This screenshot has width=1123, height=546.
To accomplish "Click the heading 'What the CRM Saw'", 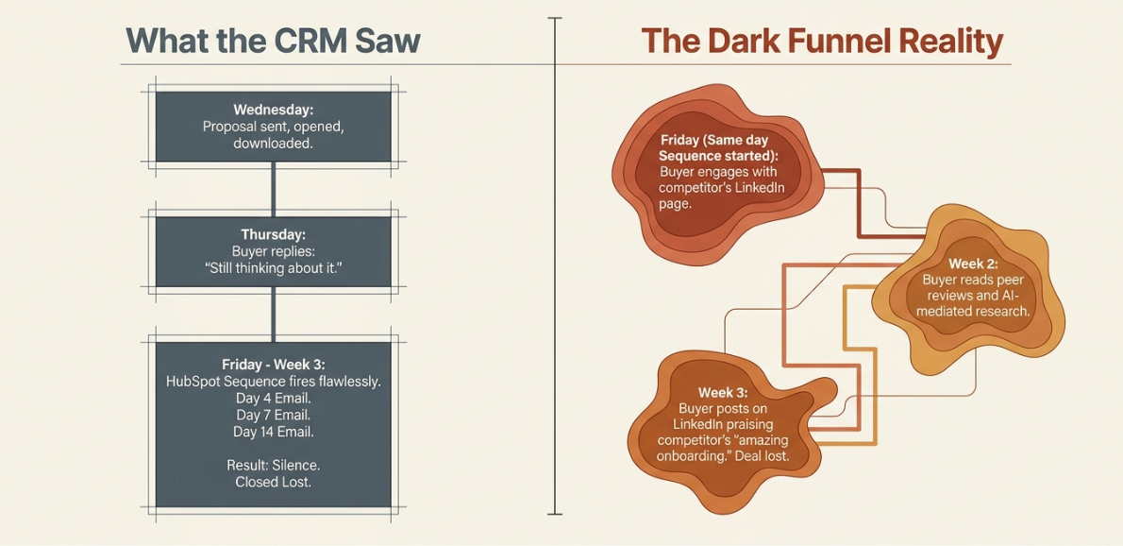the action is (272, 40).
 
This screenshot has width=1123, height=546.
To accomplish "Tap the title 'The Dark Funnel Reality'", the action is (820, 42).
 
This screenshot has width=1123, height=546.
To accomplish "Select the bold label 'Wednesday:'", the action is (273, 111).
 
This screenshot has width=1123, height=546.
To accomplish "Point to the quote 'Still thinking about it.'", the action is (273, 268).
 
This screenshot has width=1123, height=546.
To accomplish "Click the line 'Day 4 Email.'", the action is (273, 399).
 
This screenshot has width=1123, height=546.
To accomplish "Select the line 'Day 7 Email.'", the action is (273, 415).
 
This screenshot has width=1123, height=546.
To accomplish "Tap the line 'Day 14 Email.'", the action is (273, 432).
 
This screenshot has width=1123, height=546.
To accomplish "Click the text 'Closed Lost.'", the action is (273, 482).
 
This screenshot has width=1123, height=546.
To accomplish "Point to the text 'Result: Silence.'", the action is (273, 465).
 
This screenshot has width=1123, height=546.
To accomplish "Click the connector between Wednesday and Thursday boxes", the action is (273, 188).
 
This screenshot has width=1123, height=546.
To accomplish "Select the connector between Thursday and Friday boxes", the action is (273, 314).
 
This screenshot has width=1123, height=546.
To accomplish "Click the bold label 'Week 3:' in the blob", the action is (724, 393).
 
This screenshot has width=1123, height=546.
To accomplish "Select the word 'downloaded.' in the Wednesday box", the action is (273, 143).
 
